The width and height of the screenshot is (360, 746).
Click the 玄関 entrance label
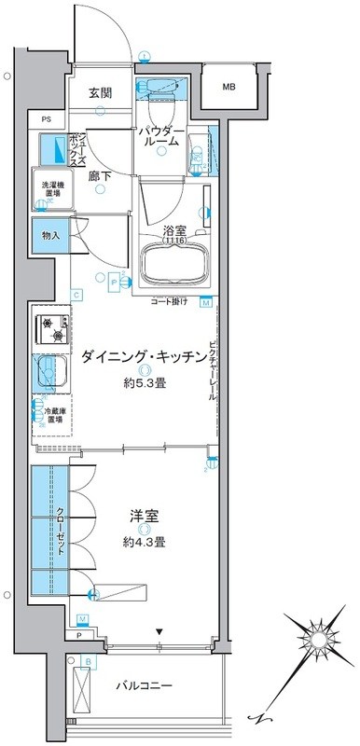(x=101, y=92)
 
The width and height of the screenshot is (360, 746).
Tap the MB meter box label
(x=229, y=87)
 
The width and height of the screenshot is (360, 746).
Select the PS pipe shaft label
(x=46, y=118)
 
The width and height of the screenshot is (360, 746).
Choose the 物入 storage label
(x=50, y=236)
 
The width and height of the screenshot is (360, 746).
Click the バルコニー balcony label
(x=145, y=685)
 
